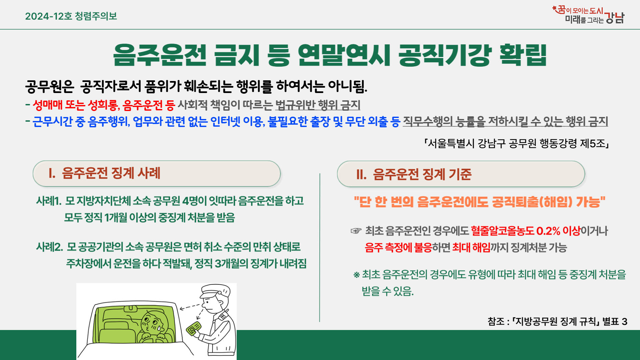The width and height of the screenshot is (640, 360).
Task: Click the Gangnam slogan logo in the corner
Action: point(588,15)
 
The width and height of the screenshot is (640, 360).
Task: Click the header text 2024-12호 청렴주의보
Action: point(71,16)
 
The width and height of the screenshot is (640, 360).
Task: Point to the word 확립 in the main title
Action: point(523,55)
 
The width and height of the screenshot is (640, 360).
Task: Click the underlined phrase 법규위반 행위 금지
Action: point(318,105)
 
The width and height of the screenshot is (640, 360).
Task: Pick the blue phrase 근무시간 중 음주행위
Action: point(81,122)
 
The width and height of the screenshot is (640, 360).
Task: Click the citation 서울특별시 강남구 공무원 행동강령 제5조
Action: point(517,143)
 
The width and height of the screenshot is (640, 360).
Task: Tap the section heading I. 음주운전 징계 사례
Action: point(104,173)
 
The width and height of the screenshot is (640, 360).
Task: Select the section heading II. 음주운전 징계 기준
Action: point(414,174)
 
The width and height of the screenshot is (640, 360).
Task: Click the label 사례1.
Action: point(49,201)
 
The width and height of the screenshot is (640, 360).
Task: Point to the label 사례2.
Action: point(49,247)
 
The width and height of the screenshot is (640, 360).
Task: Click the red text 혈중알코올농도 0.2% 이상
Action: point(526,231)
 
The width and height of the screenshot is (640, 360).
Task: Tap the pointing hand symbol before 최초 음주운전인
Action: point(356,231)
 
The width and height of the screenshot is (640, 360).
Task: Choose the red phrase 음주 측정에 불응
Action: point(398,248)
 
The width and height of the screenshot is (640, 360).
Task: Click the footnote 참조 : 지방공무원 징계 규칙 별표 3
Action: point(557,321)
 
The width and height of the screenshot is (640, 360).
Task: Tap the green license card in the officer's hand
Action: point(194,328)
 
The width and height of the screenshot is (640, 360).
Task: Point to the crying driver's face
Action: point(152,323)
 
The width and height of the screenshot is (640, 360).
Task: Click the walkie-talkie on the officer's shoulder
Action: point(223,315)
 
